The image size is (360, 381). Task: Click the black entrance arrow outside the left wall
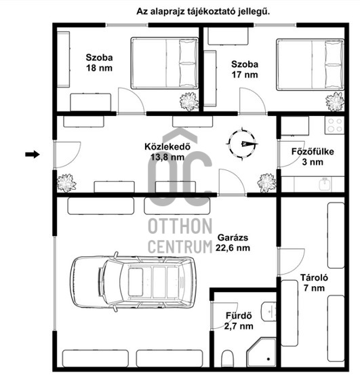[x=33, y=154]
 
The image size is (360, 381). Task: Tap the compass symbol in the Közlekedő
[x=242, y=144]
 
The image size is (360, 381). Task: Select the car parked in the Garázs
[x=133, y=282]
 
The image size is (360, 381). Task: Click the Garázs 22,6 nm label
[x=233, y=243]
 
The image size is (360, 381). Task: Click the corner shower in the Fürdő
[x=262, y=352]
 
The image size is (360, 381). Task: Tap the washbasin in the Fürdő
[x=268, y=311]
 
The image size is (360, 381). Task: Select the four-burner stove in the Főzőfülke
[x=334, y=125]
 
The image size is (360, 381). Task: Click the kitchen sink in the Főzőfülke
[x=325, y=184]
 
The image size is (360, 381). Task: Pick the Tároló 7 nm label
[x=314, y=283]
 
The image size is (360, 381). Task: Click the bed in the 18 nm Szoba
[x=165, y=63]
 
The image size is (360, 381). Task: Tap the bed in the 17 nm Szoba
[x=311, y=64]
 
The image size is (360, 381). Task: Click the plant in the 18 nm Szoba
[x=188, y=101]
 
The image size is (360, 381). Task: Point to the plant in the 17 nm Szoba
[x=335, y=102]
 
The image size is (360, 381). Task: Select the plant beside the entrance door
[x=66, y=183]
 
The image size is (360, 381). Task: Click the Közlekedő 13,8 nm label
[x=167, y=152]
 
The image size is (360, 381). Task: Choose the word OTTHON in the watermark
[x=180, y=226]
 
